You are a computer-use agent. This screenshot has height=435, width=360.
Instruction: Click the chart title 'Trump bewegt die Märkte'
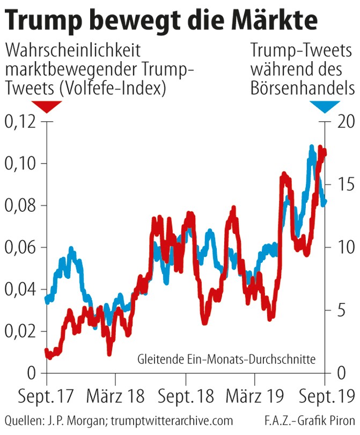pyautogui.click(x=161, y=20)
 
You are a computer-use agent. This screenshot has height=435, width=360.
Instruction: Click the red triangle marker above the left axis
pyautogui.click(x=47, y=106)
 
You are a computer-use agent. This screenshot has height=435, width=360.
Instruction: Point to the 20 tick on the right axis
pyautogui.click(x=342, y=122)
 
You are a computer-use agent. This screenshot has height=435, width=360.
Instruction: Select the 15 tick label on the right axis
pyautogui.click(x=342, y=185)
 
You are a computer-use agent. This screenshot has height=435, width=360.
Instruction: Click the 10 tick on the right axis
pyautogui.click(x=342, y=247)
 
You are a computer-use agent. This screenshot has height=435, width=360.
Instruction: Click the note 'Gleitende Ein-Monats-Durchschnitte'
pyautogui.click(x=226, y=359)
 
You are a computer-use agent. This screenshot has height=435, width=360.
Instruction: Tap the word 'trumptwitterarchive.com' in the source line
pyautogui.click(x=175, y=421)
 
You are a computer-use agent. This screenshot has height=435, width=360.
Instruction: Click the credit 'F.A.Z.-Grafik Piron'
pyautogui.click(x=310, y=421)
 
